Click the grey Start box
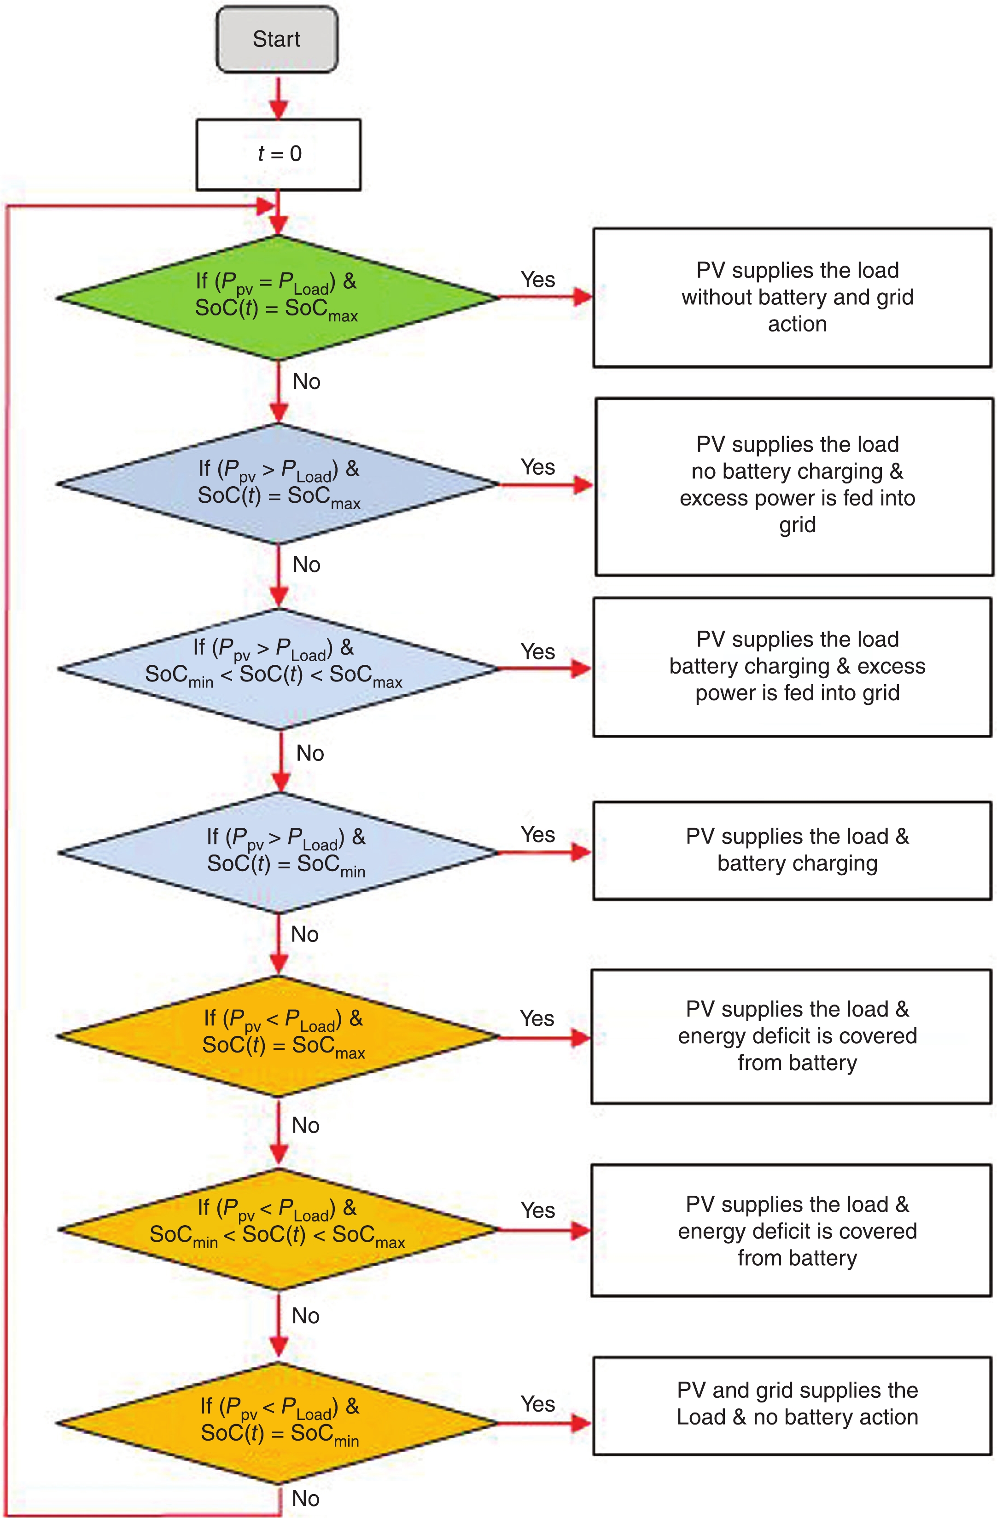[x=276, y=39]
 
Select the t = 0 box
[x=278, y=154]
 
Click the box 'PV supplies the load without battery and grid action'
[x=792, y=297]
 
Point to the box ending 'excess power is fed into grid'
[x=794, y=486]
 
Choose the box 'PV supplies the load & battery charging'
[x=792, y=850]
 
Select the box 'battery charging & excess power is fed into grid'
[x=792, y=667]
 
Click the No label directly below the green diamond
[x=306, y=381]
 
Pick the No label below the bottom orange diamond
[x=305, y=1498]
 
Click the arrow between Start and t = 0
[x=278, y=97]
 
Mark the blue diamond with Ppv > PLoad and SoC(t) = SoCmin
[x=278, y=852]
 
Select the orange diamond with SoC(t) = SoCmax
[x=278, y=1036]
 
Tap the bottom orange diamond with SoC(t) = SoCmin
[x=278, y=1422]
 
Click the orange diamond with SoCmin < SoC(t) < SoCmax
[x=278, y=1229]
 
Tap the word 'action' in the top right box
[x=797, y=324]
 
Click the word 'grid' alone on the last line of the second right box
[x=797, y=525]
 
